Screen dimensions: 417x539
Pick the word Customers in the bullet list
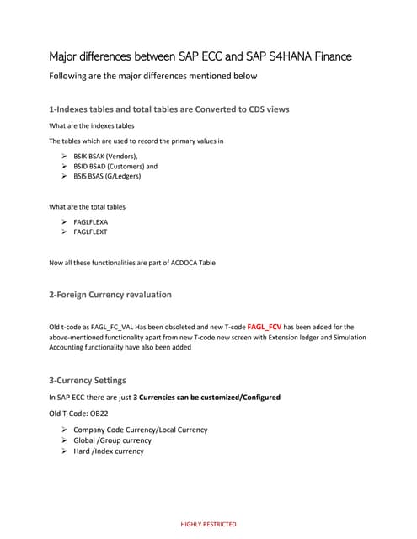[127, 167]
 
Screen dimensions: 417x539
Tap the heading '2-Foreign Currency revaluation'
[110, 295]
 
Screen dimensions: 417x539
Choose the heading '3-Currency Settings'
[88, 380]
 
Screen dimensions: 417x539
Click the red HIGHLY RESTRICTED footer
[208, 524]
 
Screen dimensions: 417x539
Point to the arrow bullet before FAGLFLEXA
[65, 221]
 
